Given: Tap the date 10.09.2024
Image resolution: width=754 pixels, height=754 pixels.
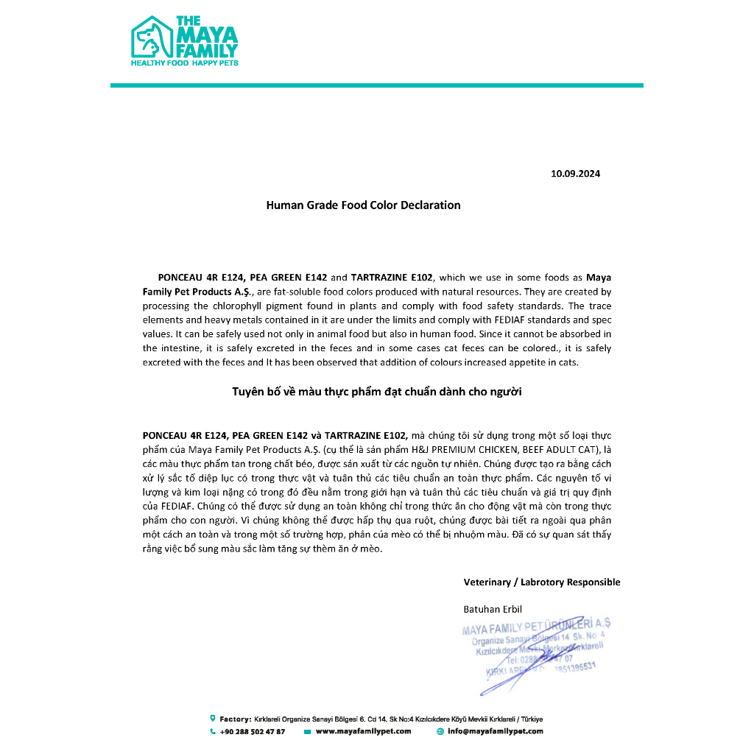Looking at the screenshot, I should click(576, 174).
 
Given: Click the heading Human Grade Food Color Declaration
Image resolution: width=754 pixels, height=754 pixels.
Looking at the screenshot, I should click(363, 205).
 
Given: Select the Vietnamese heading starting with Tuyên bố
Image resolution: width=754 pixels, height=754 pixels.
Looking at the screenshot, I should click(377, 392).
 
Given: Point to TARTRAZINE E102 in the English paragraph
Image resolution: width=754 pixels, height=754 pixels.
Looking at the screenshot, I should click(393, 278).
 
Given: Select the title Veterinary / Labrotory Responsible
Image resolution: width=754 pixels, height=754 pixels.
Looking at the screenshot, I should click(541, 582).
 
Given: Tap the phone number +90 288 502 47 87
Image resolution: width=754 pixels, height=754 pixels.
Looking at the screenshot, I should click(252, 732).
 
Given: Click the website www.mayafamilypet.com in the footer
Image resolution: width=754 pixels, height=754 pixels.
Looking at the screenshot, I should click(363, 732).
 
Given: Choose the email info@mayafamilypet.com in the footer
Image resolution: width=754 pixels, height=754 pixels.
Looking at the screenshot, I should click(496, 732).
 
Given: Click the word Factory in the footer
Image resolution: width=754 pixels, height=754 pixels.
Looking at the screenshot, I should click(235, 719).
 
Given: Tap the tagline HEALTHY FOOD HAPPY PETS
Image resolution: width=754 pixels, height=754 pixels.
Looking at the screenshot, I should click(184, 64).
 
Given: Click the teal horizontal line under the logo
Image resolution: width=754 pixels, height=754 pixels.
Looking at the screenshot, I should click(377, 85).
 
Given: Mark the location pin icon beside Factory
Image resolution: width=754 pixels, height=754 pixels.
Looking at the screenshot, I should click(213, 719).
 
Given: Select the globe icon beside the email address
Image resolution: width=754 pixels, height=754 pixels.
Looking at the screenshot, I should click(440, 732).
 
